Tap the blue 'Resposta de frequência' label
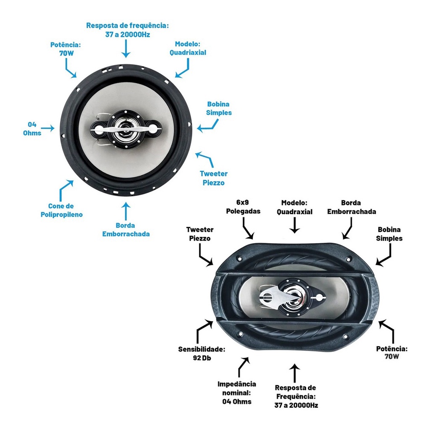(x=127, y=30)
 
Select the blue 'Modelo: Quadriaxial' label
(x=188, y=49)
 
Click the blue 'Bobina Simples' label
(x=219, y=108)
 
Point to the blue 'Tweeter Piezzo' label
(x=213, y=178)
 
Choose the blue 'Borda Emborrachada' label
(x=126, y=229)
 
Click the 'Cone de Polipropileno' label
(x=61, y=210)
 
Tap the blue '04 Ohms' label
(x=32, y=128)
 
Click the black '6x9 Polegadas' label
(x=243, y=207)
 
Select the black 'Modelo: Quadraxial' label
(x=294, y=207)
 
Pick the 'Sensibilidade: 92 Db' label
(x=202, y=353)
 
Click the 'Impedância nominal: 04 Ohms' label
(x=237, y=393)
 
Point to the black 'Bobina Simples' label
(x=389, y=234)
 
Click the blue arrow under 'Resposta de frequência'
(x=126, y=49)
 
